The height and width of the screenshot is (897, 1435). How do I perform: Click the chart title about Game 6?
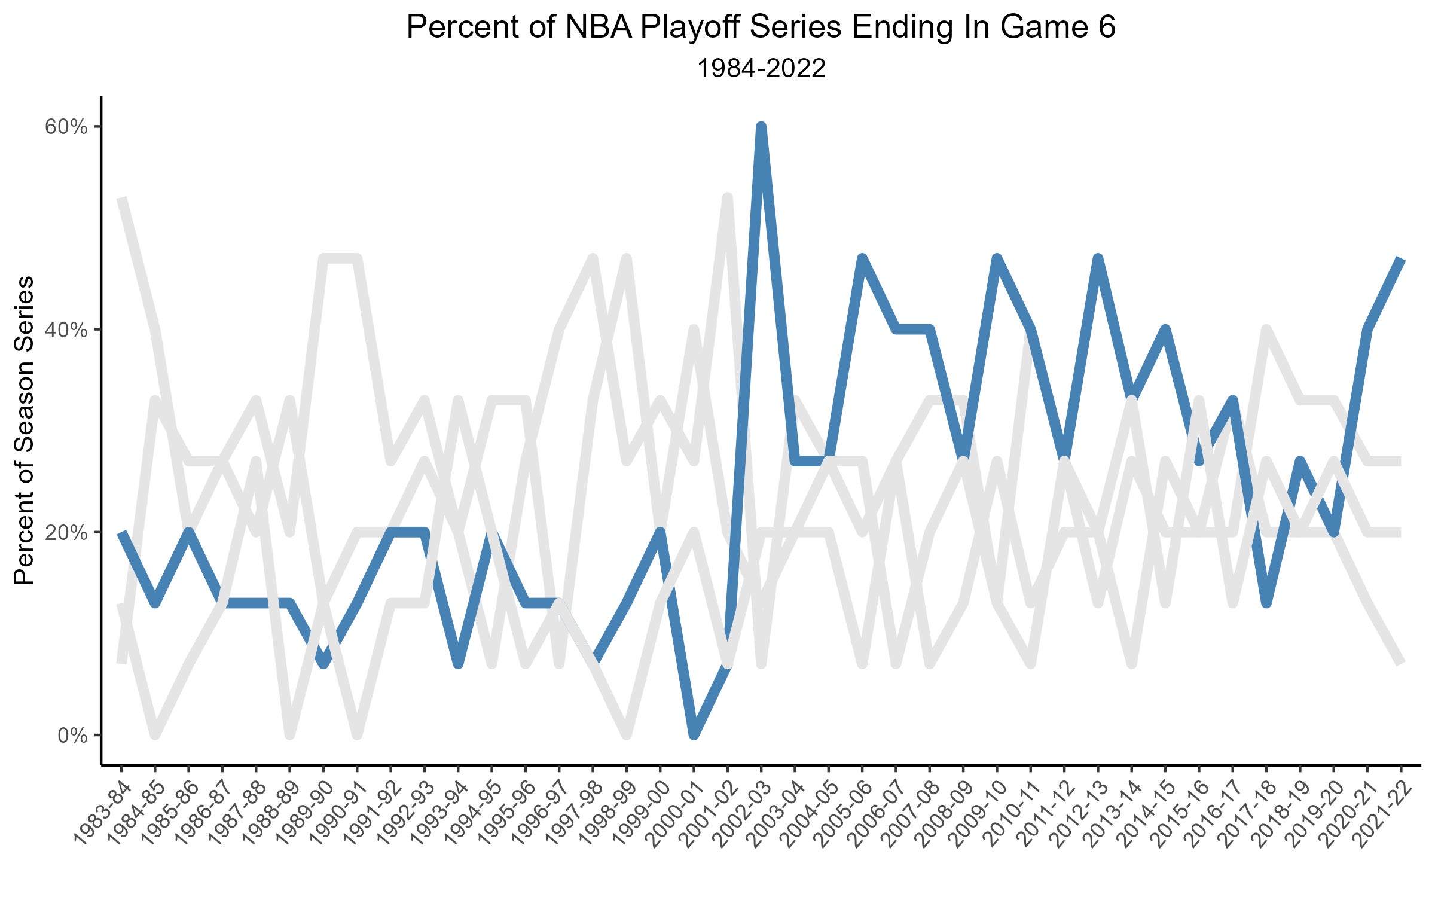coord(761,28)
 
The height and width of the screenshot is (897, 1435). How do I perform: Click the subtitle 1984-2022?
coord(761,69)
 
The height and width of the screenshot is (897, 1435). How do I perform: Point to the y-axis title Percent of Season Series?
coord(25,430)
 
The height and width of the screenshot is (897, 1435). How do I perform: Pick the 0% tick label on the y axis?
coord(72,735)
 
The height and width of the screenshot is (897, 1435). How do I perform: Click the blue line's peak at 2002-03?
coord(761,127)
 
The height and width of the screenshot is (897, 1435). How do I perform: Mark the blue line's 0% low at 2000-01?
coord(694,734)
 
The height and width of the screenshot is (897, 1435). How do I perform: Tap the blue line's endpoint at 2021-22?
coord(1400,260)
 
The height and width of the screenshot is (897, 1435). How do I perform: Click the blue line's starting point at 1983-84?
coord(121,533)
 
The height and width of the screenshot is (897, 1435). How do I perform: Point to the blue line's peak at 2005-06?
coord(862,258)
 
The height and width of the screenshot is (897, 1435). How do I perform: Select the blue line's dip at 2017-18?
coord(1266,603)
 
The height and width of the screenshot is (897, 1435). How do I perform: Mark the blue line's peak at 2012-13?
coord(1098,258)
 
